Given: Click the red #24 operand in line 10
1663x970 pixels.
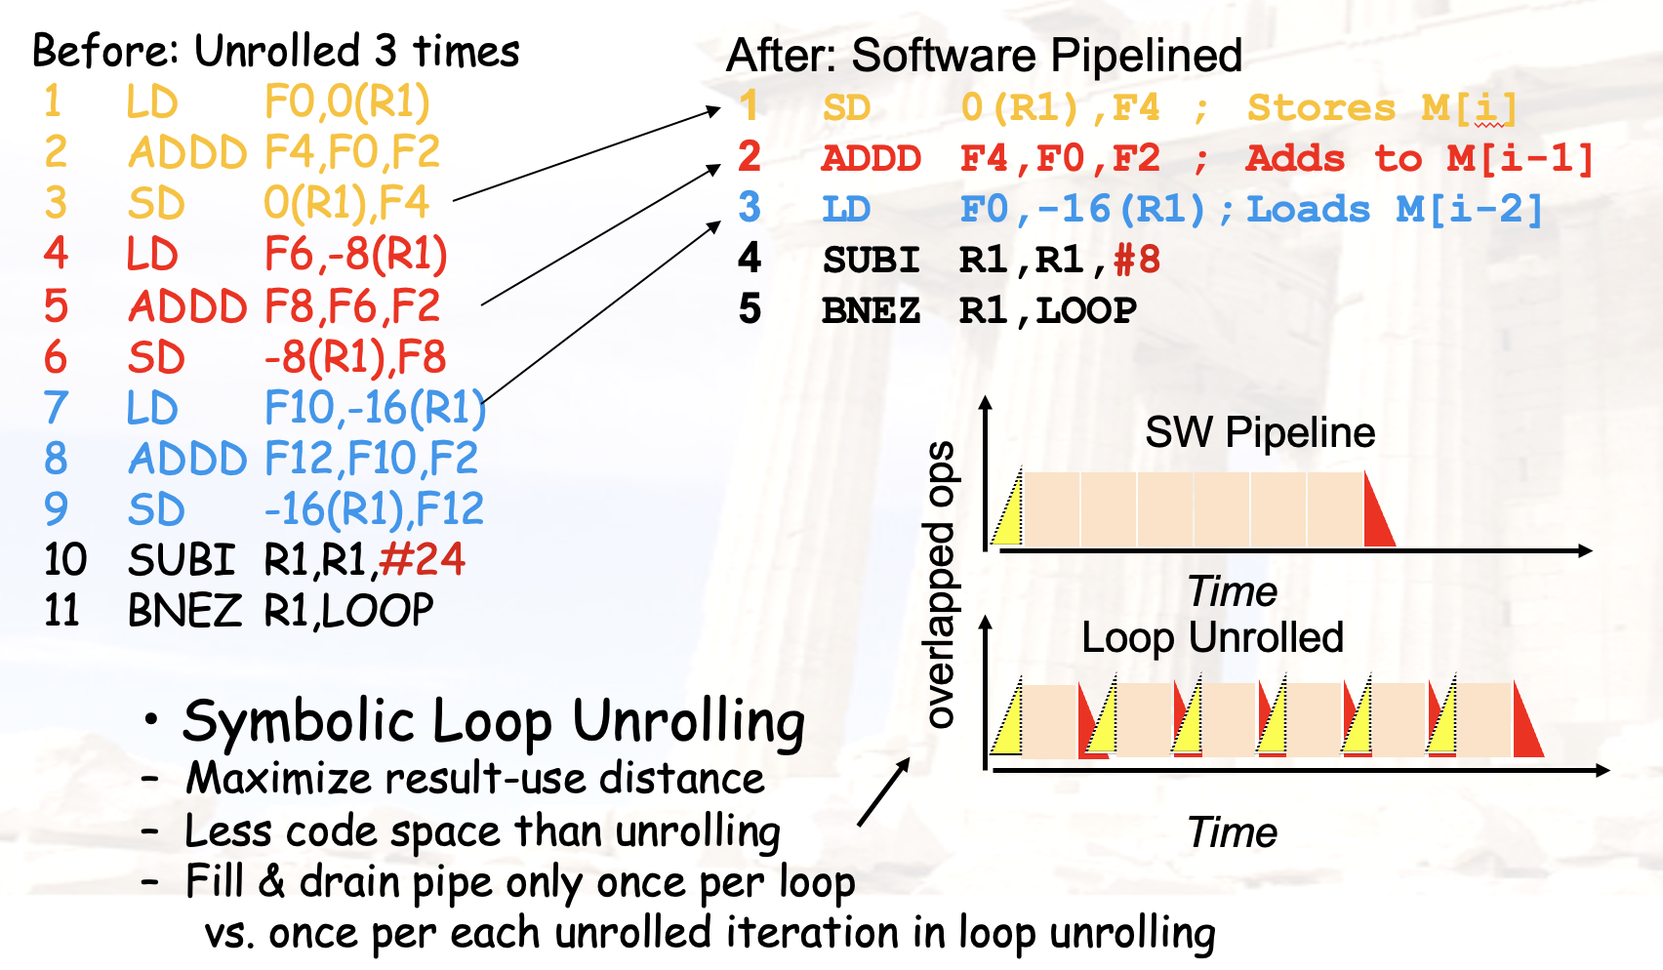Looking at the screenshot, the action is click(x=422, y=559).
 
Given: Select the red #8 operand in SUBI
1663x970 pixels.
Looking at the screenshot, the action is click(x=1137, y=260).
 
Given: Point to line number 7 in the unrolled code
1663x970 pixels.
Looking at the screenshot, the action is click(x=57, y=408).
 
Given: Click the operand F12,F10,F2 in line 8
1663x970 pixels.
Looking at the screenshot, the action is click(x=371, y=459).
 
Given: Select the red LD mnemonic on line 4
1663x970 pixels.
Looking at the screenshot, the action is click(x=152, y=255).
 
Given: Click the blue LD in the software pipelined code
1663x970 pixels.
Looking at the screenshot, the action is click(x=845, y=209).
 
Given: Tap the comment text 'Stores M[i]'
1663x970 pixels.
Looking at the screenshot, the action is click(x=1382, y=108).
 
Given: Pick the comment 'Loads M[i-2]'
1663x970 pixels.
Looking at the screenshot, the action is click(x=1395, y=209).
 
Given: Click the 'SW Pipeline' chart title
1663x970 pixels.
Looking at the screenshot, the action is click(x=1260, y=432).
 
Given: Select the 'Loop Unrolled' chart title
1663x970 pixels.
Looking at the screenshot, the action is click(x=1212, y=637).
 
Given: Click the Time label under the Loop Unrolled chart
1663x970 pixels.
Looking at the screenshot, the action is click(x=1232, y=832).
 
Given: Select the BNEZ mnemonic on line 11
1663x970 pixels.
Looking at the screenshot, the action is click(x=184, y=611).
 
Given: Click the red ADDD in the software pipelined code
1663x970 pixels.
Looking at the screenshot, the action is click(x=871, y=159).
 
